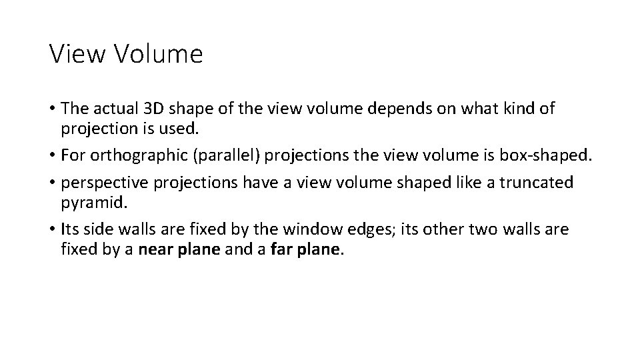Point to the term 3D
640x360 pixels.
pyautogui.click(x=157, y=108)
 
